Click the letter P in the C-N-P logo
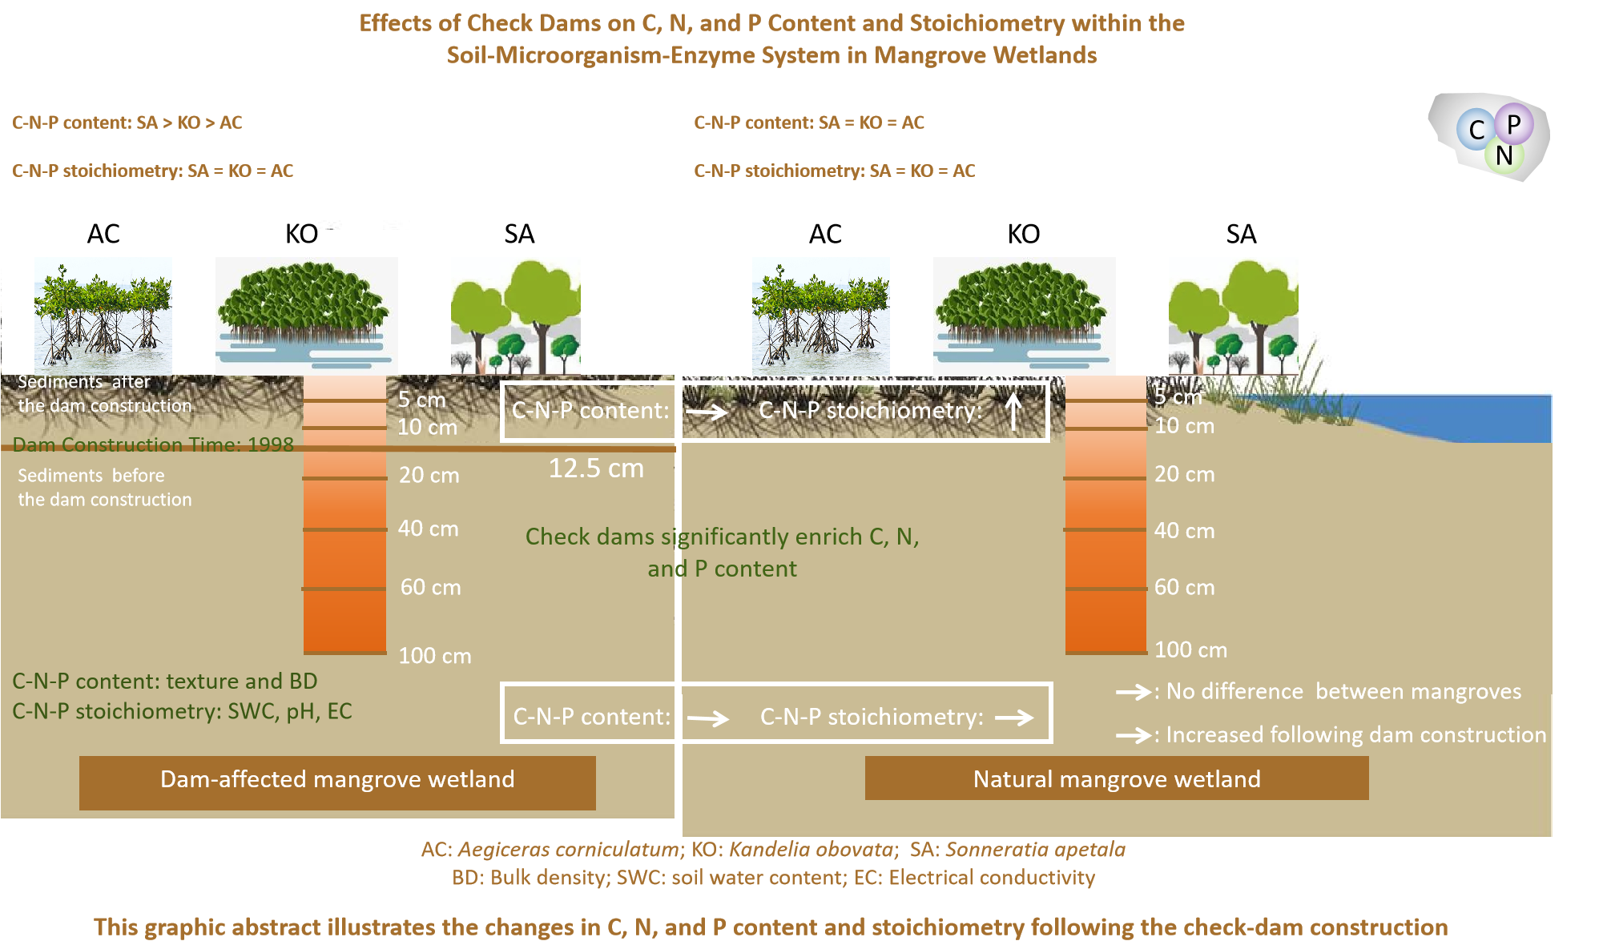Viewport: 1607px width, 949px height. pyautogui.click(x=1513, y=124)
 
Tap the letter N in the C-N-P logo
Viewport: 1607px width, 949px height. pyautogui.click(x=1504, y=155)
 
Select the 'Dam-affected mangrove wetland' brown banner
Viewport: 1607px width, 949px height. pyautogui.click(x=337, y=781)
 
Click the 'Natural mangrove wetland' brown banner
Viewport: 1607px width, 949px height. pyautogui.click(x=1116, y=778)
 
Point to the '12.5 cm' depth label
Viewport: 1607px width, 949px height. pyautogui.click(x=596, y=468)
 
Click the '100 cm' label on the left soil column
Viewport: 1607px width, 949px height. pyautogui.click(x=435, y=656)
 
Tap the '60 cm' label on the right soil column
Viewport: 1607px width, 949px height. pyautogui.click(x=1184, y=587)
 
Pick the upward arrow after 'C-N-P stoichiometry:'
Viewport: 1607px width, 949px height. pyautogui.click(x=1013, y=412)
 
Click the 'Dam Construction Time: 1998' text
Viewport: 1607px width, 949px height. pyautogui.click(x=153, y=444)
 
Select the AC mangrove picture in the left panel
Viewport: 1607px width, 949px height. pyautogui.click(x=103, y=316)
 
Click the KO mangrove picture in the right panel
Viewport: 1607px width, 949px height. pyautogui.click(x=1024, y=316)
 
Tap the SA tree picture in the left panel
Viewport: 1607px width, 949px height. pyautogui.click(x=516, y=317)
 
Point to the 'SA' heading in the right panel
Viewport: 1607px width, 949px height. pyautogui.click(x=1241, y=234)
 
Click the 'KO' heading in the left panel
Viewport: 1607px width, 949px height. pyautogui.click(x=302, y=234)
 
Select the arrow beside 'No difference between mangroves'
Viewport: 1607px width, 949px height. pyautogui.click(x=1134, y=692)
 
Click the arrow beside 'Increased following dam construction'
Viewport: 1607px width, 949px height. pyautogui.click(x=1134, y=734)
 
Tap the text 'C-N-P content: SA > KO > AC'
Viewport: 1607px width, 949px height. pyautogui.click(x=127, y=123)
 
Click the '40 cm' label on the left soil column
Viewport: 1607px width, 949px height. pyautogui.click(x=428, y=529)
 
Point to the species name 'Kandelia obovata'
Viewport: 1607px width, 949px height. pyautogui.click(x=813, y=850)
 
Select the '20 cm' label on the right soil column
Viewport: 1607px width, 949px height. pyautogui.click(x=1184, y=474)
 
